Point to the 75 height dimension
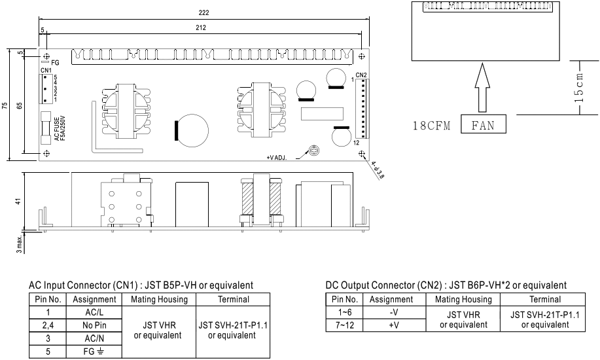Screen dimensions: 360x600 5,105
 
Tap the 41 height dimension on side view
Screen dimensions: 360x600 18,202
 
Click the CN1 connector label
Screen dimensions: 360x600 45,70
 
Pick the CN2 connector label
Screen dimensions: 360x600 361,74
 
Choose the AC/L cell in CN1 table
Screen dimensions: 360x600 91,312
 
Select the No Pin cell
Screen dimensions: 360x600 91,324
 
